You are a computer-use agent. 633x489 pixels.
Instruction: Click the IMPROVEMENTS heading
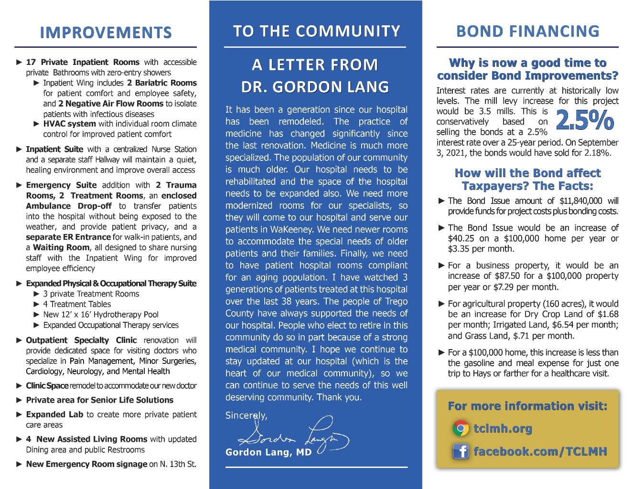point(106,32)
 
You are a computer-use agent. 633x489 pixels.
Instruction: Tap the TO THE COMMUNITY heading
point(316,31)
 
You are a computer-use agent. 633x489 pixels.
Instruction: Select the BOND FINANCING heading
point(527,31)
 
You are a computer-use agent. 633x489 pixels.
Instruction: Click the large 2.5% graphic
point(585,120)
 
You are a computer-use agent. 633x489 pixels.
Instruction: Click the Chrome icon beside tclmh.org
point(461,428)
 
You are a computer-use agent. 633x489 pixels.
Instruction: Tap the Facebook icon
point(461,451)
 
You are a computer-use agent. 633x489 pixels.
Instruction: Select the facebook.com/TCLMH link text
point(540,451)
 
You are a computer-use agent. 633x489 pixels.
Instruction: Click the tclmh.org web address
point(503,428)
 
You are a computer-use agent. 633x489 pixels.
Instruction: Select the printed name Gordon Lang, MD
point(268,452)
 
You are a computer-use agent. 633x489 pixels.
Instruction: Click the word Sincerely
point(246,415)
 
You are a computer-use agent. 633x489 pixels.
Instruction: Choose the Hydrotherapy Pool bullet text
point(101,315)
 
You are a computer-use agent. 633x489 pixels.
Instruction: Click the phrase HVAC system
point(70,124)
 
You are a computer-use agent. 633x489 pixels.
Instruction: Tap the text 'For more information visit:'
point(527,406)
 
